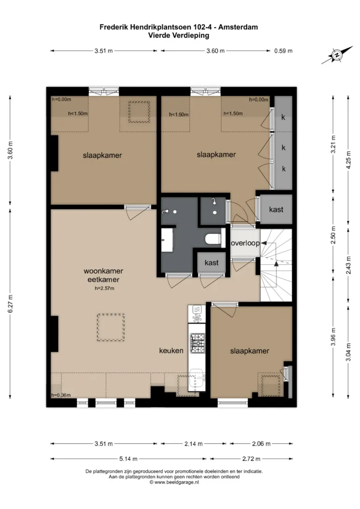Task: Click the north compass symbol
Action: (x=337, y=55)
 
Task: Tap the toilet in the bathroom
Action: (x=213, y=239)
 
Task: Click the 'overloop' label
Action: (x=245, y=243)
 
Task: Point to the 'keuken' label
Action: (x=171, y=351)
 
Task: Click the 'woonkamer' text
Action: (x=103, y=271)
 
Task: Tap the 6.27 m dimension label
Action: (x=11, y=304)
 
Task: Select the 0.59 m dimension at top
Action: (x=284, y=51)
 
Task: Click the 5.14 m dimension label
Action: (x=128, y=459)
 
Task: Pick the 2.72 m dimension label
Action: (x=251, y=459)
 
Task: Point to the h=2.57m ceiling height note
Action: (x=104, y=288)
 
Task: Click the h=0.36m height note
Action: (x=61, y=395)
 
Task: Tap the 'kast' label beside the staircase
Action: (x=276, y=209)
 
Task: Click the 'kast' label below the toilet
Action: (x=212, y=262)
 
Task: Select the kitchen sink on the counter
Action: (x=197, y=378)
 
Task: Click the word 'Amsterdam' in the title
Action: (x=238, y=27)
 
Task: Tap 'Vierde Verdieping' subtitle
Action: (x=179, y=35)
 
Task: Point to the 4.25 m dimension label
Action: (x=349, y=160)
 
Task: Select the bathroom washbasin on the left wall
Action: (x=167, y=240)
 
